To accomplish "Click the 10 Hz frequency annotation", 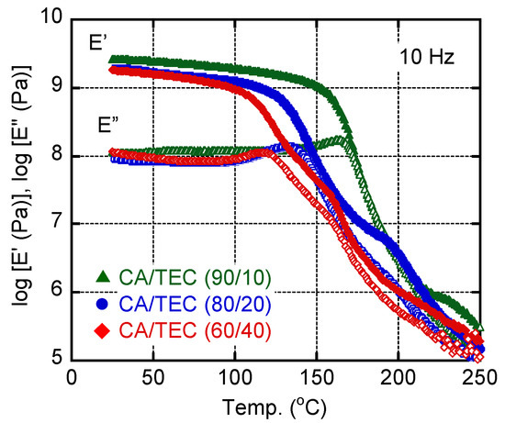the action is [x=427, y=57].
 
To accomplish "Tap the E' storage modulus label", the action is [x=95, y=42].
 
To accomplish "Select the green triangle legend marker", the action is [x=103, y=276].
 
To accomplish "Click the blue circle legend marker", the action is [x=103, y=303].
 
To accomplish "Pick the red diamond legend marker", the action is [x=103, y=330].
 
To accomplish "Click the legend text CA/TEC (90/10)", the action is [x=195, y=277].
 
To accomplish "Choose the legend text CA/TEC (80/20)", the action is [x=195, y=304].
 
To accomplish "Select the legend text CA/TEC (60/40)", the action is [x=195, y=330].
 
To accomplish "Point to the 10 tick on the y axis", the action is [x=50, y=17].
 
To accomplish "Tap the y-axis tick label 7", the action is [x=56, y=222].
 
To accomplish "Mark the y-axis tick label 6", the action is [x=56, y=290].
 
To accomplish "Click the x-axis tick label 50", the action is [x=154, y=377].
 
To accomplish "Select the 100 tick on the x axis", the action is [x=236, y=377].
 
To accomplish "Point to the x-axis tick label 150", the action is [x=317, y=377].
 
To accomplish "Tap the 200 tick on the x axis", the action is [x=398, y=377].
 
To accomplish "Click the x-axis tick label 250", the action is [x=480, y=377].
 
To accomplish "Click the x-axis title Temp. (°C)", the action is [x=275, y=406].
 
